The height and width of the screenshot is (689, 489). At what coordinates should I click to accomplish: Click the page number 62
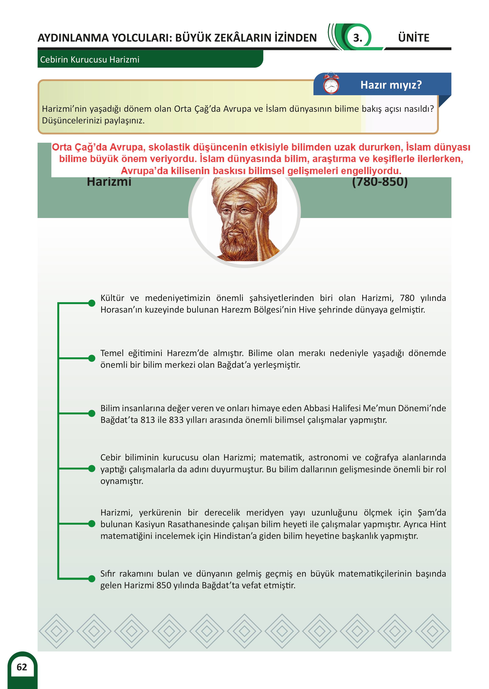click(x=22, y=667)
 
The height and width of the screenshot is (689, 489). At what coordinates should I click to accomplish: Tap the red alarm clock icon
click(x=331, y=84)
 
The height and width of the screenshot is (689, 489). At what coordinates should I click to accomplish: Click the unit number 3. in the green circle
click(x=357, y=38)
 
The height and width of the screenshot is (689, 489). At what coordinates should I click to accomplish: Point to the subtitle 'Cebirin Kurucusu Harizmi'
click(x=90, y=60)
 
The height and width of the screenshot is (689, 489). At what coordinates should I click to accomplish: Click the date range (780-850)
click(x=380, y=182)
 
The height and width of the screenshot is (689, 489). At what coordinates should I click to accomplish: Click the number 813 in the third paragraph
click(x=148, y=420)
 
